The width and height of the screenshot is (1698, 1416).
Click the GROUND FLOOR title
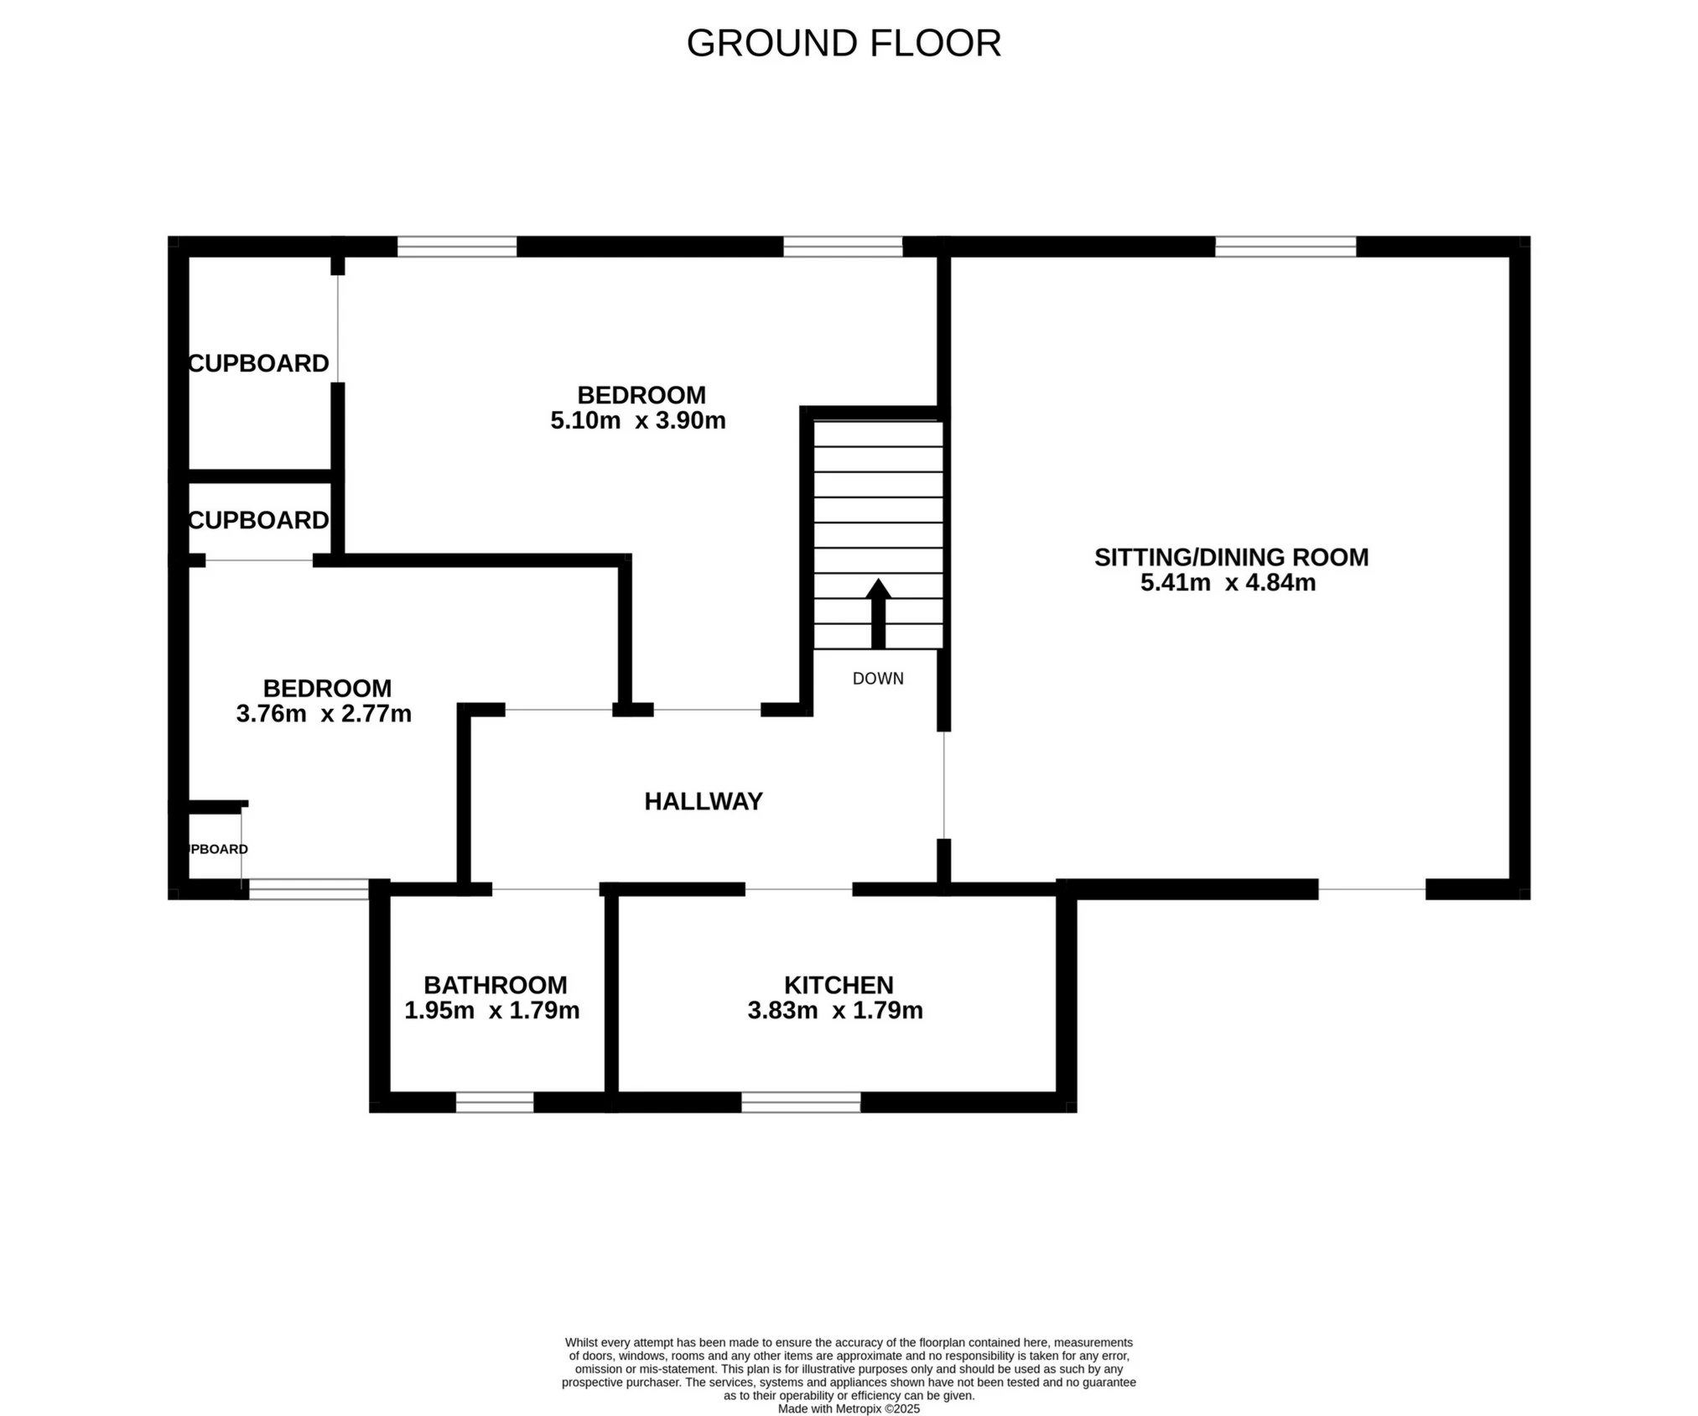tap(844, 44)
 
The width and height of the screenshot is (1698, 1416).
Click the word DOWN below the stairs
tap(878, 679)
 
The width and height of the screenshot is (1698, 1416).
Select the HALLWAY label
tap(703, 802)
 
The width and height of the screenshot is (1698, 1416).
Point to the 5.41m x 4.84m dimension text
tap(1228, 583)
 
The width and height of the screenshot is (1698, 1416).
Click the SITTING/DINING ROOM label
tap(1231, 557)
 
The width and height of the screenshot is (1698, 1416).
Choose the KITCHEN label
tap(839, 985)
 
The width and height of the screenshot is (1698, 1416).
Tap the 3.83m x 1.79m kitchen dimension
tap(835, 1010)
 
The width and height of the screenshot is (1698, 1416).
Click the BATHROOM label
tap(495, 985)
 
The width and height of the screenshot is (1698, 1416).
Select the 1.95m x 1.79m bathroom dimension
tap(491, 1010)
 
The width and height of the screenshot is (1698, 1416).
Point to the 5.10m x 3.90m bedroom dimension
tap(637, 420)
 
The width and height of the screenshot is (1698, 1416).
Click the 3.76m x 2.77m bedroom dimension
tap(324, 714)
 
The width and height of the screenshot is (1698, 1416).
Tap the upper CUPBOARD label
tap(258, 363)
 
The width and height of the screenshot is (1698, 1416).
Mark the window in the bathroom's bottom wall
tap(495, 1102)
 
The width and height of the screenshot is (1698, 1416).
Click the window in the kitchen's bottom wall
tap(801, 1102)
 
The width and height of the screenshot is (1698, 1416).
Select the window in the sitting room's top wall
tap(1285, 247)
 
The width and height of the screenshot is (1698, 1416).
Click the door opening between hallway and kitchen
tap(798, 889)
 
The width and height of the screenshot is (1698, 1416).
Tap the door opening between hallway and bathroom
tap(545, 889)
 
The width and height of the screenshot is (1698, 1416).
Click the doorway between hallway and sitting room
tap(944, 785)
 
